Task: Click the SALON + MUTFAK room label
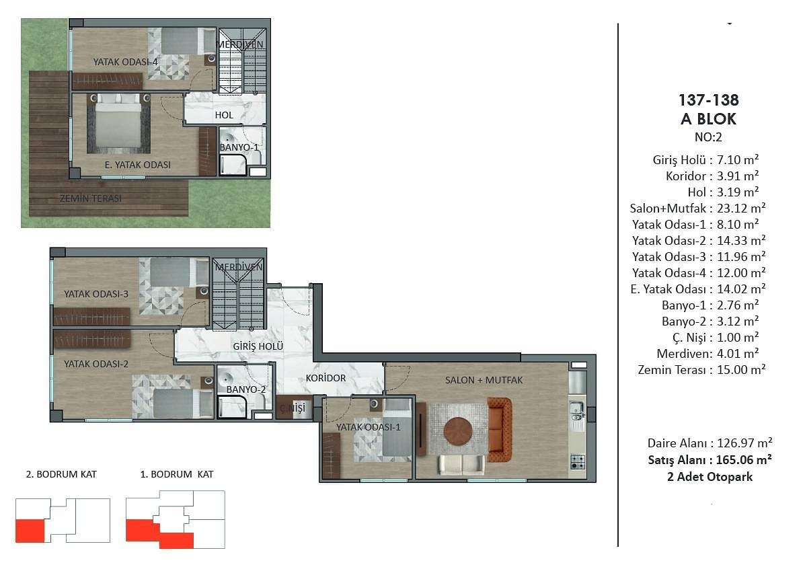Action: pyautogui.click(x=484, y=380)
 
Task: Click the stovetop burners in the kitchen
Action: pyautogui.click(x=578, y=462)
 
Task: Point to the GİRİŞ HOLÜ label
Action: pyautogui.click(x=258, y=346)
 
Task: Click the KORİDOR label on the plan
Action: pyautogui.click(x=326, y=378)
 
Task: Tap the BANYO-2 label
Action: pyautogui.click(x=246, y=389)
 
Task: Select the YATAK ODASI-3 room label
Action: pyautogui.click(x=96, y=294)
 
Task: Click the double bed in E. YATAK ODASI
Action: pyautogui.click(x=118, y=124)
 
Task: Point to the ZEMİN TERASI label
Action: pyautogui.click(x=90, y=198)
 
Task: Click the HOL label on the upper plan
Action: pyautogui.click(x=224, y=115)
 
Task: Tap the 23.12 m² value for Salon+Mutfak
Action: pyautogui.click(x=741, y=208)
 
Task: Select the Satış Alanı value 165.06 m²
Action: pyautogui.click(x=744, y=460)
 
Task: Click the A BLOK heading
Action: pyautogui.click(x=709, y=119)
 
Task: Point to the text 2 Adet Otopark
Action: pyautogui.click(x=710, y=477)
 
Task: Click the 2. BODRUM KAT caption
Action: pyautogui.click(x=61, y=474)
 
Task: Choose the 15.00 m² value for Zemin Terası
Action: pyautogui.click(x=741, y=369)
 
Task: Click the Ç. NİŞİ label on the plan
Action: pyautogui.click(x=293, y=408)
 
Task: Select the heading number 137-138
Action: pyautogui.click(x=709, y=100)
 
